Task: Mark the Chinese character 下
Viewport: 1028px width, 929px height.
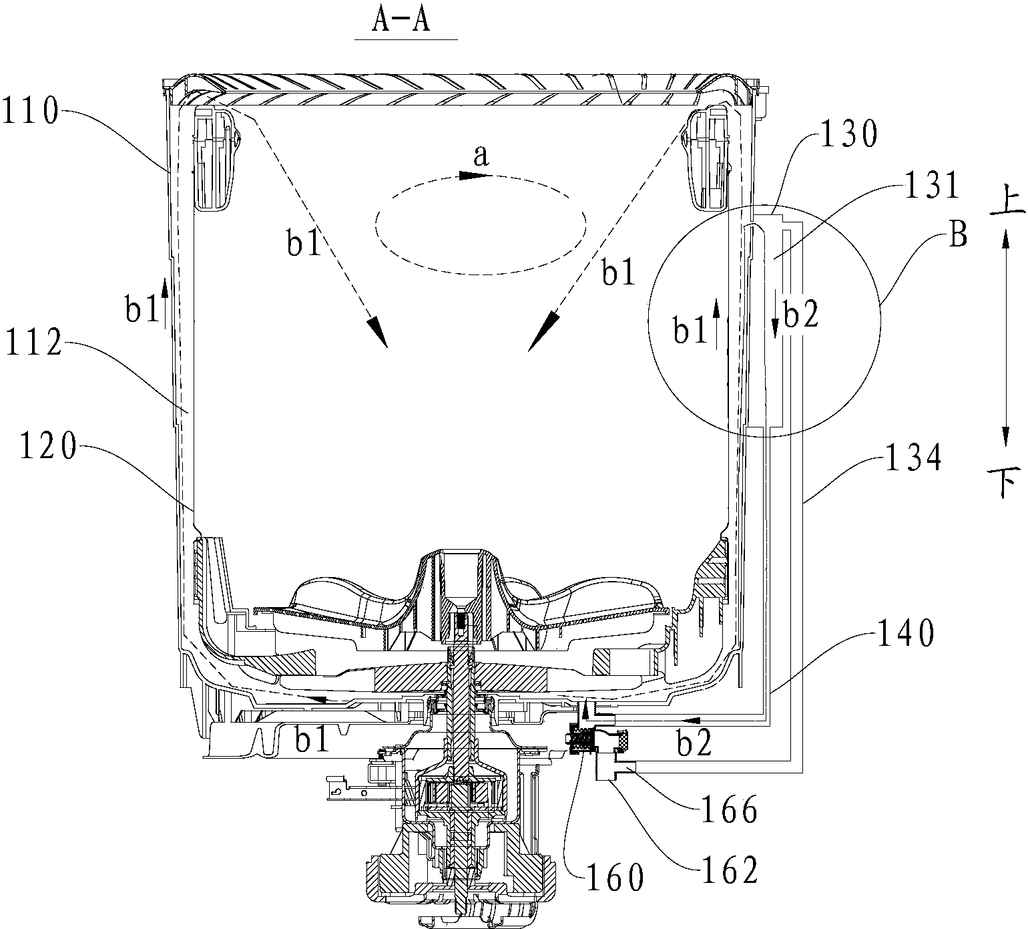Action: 1006,482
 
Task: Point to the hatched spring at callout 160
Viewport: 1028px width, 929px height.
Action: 581,739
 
